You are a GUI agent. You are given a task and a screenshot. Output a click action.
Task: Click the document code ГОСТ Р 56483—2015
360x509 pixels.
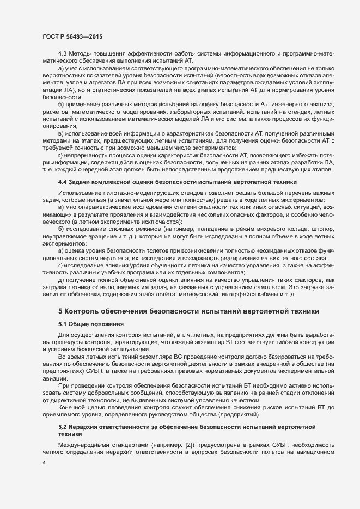coord(72,36)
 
